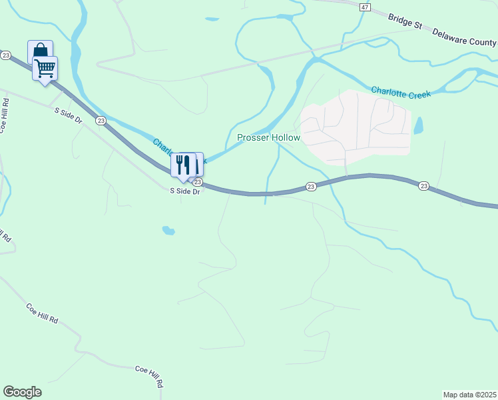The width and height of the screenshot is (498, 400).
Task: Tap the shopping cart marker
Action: tap(45, 67)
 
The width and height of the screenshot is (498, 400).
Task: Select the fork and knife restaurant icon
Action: tap(183, 164)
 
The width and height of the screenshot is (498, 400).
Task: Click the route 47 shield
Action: tap(364, 7)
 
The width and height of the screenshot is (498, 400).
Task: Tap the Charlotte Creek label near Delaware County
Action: tap(401, 91)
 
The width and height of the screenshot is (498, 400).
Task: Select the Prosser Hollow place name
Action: tap(268, 138)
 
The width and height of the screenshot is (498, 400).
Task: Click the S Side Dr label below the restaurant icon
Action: tap(185, 191)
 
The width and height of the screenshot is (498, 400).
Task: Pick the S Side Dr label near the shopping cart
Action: tap(68, 115)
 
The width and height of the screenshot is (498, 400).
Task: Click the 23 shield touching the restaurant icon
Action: tap(198, 181)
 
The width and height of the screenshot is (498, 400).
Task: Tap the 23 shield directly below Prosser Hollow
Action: tap(311, 187)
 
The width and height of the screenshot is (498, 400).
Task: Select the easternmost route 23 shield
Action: tap(423, 186)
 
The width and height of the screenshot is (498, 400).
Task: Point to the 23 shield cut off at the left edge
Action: tap(5, 55)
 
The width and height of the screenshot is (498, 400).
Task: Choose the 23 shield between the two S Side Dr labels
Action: tap(101, 120)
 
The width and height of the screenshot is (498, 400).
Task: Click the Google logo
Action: tap(22, 392)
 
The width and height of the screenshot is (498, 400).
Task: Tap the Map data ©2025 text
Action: tap(469, 395)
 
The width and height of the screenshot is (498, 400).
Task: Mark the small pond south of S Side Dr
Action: tap(168, 231)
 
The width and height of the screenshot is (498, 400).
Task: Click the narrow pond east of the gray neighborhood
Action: tap(418, 125)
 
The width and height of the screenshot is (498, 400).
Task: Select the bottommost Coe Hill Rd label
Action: tap(150, 376)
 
